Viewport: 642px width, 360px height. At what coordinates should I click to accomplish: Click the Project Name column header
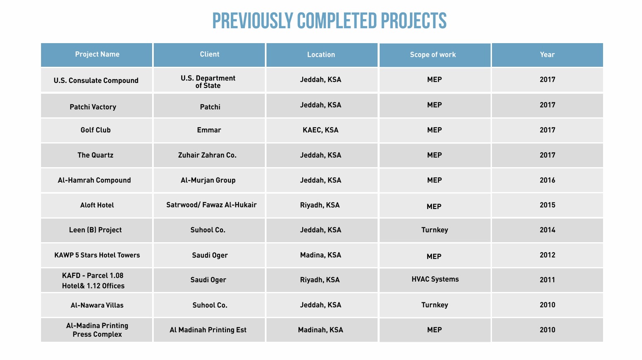(x=97, y=54)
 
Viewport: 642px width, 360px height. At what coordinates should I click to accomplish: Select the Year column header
(x=547, y=54)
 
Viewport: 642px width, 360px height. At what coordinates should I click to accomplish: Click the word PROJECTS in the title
(x=414, y=21)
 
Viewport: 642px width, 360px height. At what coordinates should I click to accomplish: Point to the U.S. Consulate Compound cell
(x=96, y=80)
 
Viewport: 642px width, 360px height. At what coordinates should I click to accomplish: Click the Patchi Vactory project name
(x=93, y=107)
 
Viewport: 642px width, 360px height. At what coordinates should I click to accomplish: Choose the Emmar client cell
(x=209, y=130)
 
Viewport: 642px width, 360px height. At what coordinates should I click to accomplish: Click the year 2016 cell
(x=548, y=180)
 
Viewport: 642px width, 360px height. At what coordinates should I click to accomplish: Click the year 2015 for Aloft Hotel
(x=548, y=205)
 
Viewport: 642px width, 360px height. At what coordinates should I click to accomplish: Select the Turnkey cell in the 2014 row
(x=434, y=230)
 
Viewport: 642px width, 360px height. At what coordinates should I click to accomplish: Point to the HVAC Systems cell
(x=435, y=279)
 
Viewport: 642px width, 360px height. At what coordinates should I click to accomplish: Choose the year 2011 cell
(x=548, y=280)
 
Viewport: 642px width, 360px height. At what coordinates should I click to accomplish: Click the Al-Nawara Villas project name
(x=97, y=305)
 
